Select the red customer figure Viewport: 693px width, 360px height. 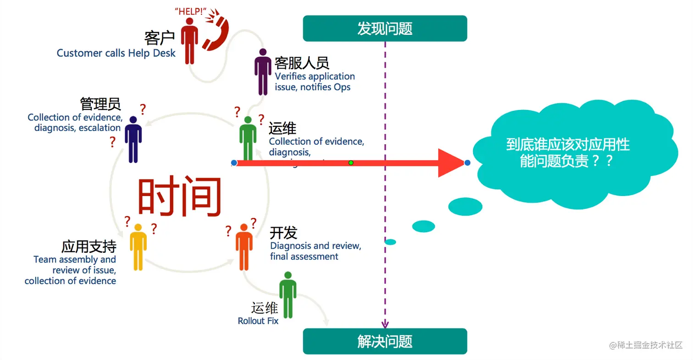189,44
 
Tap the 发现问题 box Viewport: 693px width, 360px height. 385,28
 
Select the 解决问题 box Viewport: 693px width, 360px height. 385,341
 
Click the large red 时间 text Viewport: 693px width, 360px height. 180,197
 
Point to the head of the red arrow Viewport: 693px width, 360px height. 451,163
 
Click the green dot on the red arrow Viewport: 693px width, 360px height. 351,163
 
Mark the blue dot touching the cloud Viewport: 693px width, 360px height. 467,163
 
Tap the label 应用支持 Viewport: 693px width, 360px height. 89,247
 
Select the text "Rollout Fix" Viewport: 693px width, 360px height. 258,321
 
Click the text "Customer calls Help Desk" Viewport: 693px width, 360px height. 116,53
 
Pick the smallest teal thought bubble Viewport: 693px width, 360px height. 390,242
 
